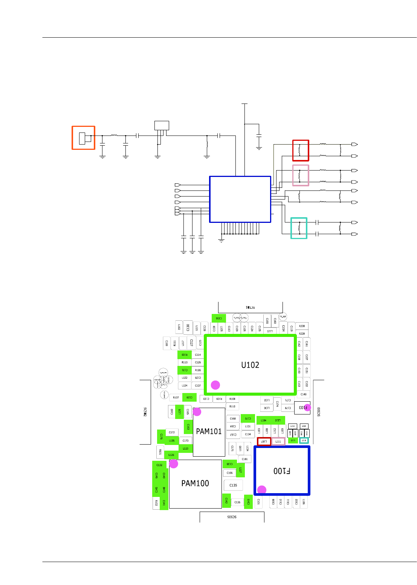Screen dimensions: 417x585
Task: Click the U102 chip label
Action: pyautogui.click(x=250, y=365)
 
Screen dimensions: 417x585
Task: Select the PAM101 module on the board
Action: pyautogui.click(x=209, y=432)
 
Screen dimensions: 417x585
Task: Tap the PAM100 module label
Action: pyautogui.click(x=195, y=483)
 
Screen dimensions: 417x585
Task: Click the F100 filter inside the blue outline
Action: pyautogui.click(x=282, y=471)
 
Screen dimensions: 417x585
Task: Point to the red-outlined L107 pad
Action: pyautogui.click(x=264, y=441)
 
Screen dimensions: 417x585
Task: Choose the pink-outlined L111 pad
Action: pyautogui.click(x=278, y=442)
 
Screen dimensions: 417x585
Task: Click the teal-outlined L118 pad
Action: pyautogui.click(x=304, y=440)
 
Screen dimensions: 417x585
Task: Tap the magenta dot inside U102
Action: pyautogui.click(x=215, y=385)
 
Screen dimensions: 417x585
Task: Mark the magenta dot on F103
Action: pyautogui.click(x=307, y=407)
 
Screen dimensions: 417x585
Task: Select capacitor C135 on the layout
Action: pyautogui.click(x=233, y=485)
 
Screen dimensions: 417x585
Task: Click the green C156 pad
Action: pyautogui.click(x=219, y=318)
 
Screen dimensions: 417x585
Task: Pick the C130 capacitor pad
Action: pyautogui.click(x=188, y=328)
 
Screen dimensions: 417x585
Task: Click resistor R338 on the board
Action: pyautogui.click(x=302, y=326)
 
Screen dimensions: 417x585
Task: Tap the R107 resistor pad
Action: pyautogui.click(x=176, y=398)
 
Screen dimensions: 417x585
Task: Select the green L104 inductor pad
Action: pyautogui.click(x=264, y=420)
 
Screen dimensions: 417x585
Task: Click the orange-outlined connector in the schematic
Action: pyautogui.click(x=84, y=138)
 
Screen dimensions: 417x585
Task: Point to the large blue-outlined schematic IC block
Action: pyautogui.click(x=240, y=199)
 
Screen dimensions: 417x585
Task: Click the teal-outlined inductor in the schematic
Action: pyautogui.click(x=299, y=228)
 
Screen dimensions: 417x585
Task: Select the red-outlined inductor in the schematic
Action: pyautogui.click(x=301, y=151)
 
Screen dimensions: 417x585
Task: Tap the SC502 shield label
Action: pyautogui.click(x=145, y=412)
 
